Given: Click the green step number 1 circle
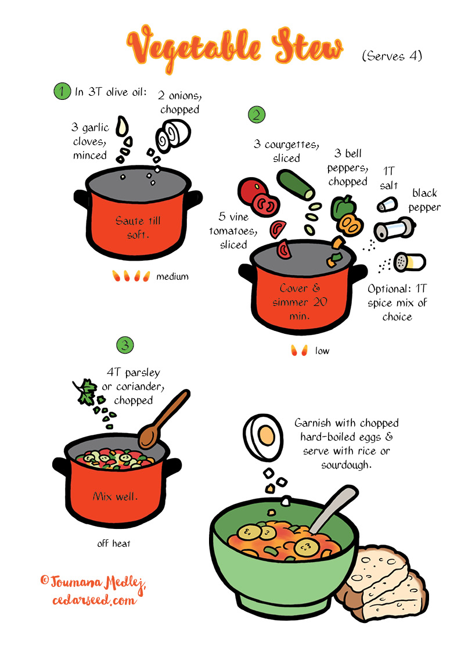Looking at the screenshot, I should click(x=62, y=92).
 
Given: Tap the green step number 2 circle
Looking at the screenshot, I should click(x=256, y=114).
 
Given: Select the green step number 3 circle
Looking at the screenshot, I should click(x=125, y=344).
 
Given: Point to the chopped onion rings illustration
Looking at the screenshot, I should click(x=172, y=134).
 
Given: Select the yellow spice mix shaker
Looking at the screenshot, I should click(x=409, y=262).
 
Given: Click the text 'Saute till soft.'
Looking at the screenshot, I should click(x=137, y=227).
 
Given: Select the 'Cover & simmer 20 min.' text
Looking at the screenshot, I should click(x=302, y=302).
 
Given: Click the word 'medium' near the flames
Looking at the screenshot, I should click(x=172, y=277).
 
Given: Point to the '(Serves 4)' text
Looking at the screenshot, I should click(x=391, y=56).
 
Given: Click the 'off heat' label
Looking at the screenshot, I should click(x=114, y=543).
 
